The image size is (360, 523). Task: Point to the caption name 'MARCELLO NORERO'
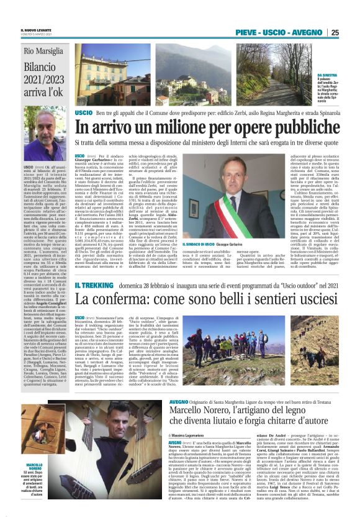pyautogui.click(x=34, y=468)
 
